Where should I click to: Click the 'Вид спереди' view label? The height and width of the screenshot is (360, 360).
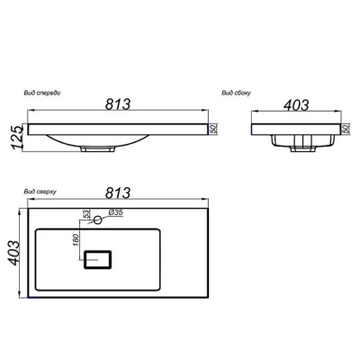click(x=42, y=93)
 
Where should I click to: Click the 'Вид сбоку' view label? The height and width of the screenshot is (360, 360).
click(x=236, y=93)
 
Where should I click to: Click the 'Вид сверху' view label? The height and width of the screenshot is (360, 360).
click(x=40, y=192)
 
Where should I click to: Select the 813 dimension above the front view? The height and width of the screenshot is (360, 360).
click(x=118, y=104)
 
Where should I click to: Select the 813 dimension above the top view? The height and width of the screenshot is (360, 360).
click(x=118, y=193)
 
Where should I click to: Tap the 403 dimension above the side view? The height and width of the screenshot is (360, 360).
click(x=296, y=105)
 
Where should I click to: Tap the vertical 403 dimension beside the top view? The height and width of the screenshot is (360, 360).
click(x=14, y=253)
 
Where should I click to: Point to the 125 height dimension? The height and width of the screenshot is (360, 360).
click(x=17, y=138)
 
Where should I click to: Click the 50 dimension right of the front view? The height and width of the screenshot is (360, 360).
click(x=214, y=129)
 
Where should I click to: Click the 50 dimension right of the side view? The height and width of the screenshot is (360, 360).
click(x=346, y=129)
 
